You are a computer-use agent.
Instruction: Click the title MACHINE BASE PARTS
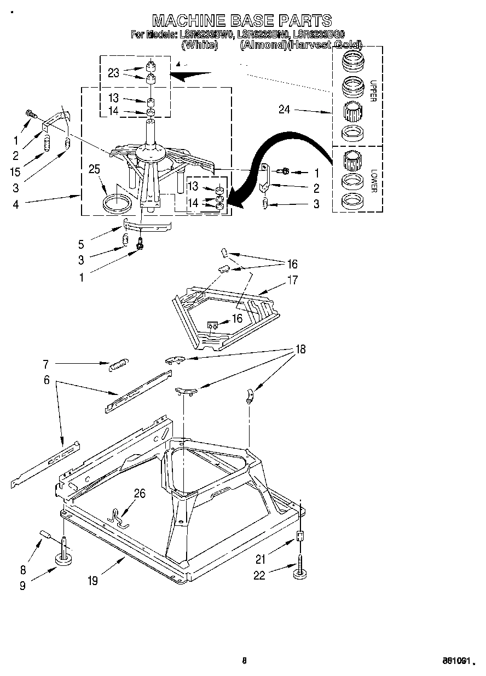[x=242, y=21]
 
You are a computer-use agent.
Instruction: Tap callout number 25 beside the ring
[x=95, y=169]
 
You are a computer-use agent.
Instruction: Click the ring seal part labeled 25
[x=118, y=203]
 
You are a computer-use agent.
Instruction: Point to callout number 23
[x=113, y=73]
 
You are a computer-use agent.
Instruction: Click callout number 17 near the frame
[x=293, y=280]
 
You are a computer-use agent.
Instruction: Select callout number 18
[x=300, y=349]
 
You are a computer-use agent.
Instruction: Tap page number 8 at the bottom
[x=245, y=661]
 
